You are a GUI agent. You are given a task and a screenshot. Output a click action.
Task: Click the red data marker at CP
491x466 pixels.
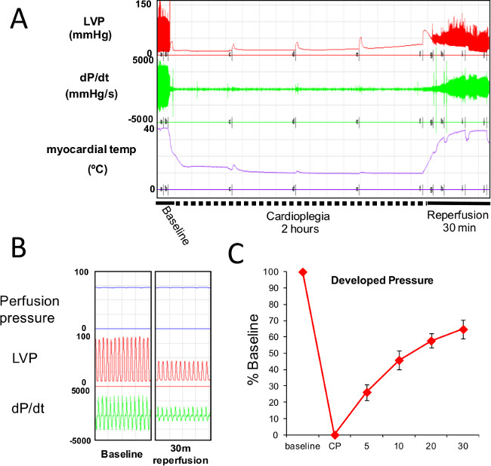click(x=335, y=435)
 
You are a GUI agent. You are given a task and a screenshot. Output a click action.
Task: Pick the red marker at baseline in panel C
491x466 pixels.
click(x=303, y=272)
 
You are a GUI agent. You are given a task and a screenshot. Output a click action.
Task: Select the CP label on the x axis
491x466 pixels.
click(x=335, y=449)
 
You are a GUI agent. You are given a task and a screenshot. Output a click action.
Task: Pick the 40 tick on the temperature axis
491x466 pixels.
click(x=149, y=129)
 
